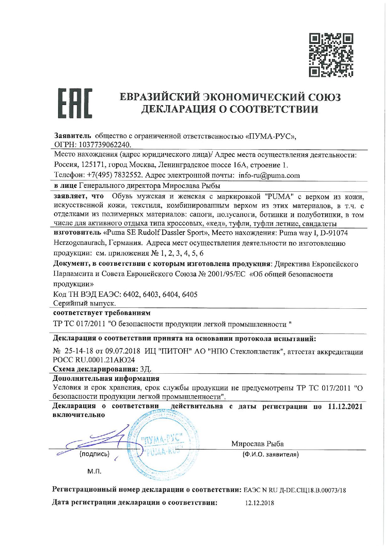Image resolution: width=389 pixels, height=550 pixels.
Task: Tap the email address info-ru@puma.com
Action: coord(265,175)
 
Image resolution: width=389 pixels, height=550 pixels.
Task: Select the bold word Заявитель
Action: coord(72,136)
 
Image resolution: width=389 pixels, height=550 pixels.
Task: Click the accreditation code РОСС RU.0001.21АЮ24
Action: coord(96,360)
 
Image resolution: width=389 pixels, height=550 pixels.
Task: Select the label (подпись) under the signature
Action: coord(94,454)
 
